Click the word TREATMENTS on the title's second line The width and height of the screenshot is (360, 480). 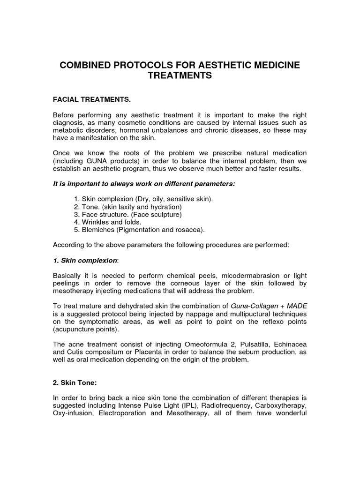point(180,75)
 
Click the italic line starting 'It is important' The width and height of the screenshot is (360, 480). point(144,184)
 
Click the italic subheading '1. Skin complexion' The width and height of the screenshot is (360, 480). point(84,260)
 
